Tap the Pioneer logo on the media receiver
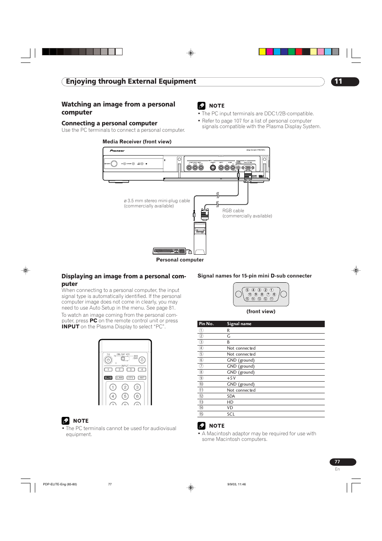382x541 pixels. coord(117,151)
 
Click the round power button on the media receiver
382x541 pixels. coord(114,164)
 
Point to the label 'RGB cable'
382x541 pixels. coord(233,211)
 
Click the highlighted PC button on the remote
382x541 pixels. coord(108,378)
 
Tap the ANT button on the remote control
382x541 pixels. coord(142,378)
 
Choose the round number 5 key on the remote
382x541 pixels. coord(125,396)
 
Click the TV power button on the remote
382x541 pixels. coord(108,360)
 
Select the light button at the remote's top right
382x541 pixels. coord(142,360)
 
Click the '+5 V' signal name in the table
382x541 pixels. coord(231,378)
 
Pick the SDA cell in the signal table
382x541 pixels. coord(231,396)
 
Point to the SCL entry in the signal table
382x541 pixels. coord(231,414)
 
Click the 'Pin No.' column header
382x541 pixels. coord(207,324)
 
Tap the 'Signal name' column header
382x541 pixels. coord(239,324)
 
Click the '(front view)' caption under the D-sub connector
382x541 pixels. coord(261,312)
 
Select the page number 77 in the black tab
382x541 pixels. coord(337,462)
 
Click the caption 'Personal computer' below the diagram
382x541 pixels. coord(180,260)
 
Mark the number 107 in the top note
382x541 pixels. coord(238,121)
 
